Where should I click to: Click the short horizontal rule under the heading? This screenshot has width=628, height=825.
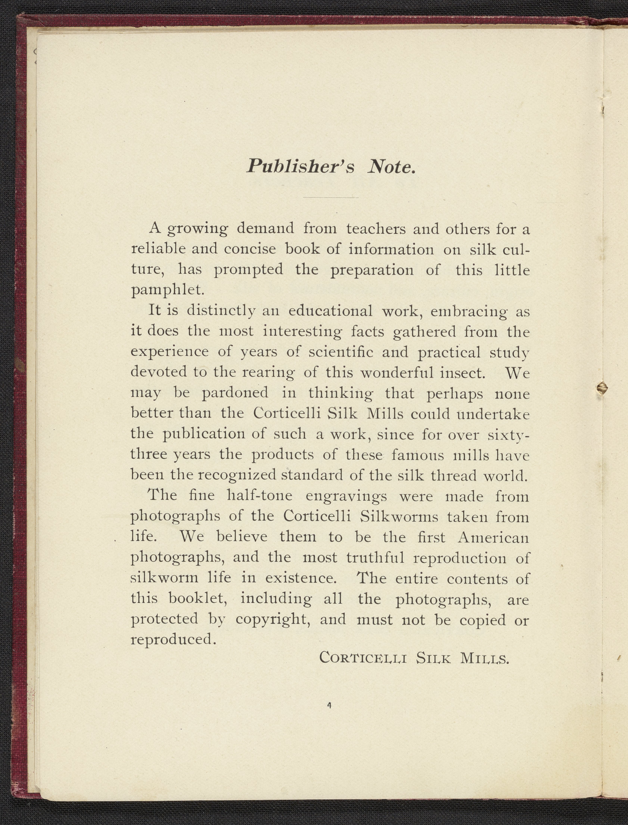[331, 197]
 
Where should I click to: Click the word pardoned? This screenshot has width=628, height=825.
[235, 393]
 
